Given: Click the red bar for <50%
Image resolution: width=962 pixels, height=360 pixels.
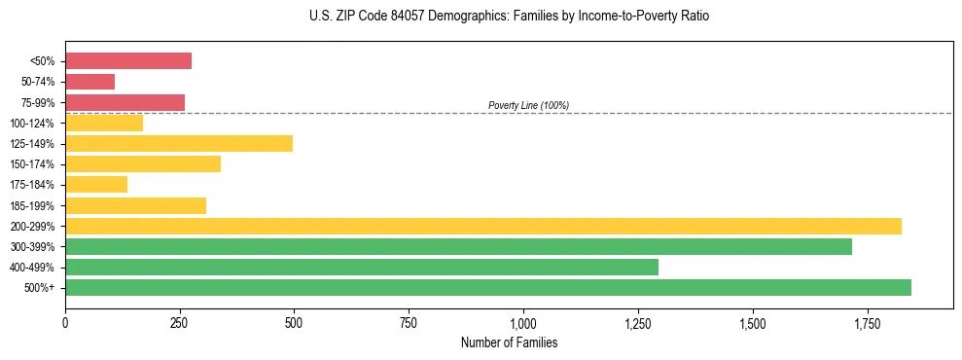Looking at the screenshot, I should point(128,61).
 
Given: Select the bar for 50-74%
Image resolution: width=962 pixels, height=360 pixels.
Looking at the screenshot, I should point(90,82).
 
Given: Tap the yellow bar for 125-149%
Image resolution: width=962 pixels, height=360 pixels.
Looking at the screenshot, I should point(179,144).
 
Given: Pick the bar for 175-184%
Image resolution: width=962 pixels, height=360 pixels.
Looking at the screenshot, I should point(96,185).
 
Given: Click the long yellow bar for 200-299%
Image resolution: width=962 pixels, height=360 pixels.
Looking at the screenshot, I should point(483,226).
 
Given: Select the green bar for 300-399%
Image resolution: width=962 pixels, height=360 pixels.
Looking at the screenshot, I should point(458,246).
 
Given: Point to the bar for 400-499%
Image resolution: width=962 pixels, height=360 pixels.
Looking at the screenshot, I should point(362,268).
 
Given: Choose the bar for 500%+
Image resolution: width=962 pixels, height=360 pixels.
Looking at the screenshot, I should point(488,288).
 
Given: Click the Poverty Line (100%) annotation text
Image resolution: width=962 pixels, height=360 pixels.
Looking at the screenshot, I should point(528,105).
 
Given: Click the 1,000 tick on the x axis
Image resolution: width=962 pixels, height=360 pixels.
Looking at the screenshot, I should point(523,321).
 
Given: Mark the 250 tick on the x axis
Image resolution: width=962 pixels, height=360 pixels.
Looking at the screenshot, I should point(180,321).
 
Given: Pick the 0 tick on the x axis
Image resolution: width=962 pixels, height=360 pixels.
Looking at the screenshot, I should point(65,321).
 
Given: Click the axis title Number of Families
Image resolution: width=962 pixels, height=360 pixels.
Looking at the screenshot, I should point(509,342).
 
